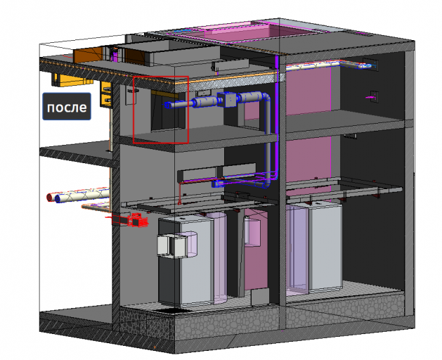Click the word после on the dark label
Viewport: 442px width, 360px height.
coord(67,107)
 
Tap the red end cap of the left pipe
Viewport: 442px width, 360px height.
coord(50,197)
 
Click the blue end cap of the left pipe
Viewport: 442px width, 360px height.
coord(58,198)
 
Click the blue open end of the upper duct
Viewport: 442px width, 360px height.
coord(167,105)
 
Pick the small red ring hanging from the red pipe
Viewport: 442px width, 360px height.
coord(179,202)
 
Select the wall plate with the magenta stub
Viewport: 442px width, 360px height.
coord(375,97)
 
